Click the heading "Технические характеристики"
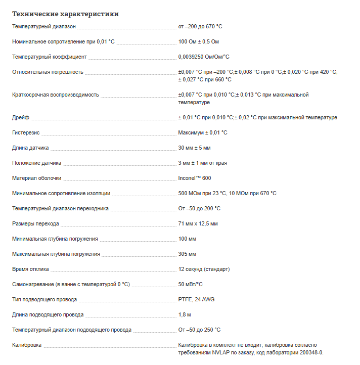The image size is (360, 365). pos(65,14)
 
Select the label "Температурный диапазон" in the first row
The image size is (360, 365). pos(44,26)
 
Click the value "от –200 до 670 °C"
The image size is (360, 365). pos(200,26)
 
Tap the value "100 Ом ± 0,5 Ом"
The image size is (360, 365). pos(198,41)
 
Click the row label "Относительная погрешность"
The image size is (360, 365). pos(48,72)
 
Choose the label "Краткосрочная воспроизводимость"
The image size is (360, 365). pos(55,95)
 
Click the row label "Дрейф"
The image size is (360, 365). pos(20,117)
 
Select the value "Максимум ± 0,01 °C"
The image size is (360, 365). pos(203,132)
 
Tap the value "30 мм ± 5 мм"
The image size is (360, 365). pos(194,148)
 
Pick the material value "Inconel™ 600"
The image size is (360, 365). pos(195,178)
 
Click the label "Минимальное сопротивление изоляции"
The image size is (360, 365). pos(61,193)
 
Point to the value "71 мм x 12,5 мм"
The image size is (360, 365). pos(198,223)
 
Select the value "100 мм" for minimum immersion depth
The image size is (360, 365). pos(187,239)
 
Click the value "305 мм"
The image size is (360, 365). pos(187,254)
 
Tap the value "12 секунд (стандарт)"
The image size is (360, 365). pos(204,269)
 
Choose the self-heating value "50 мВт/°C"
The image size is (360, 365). pos(191,284)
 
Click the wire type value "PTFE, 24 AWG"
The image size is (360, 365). pos(196,299)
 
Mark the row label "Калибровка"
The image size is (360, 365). pos(27,345)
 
